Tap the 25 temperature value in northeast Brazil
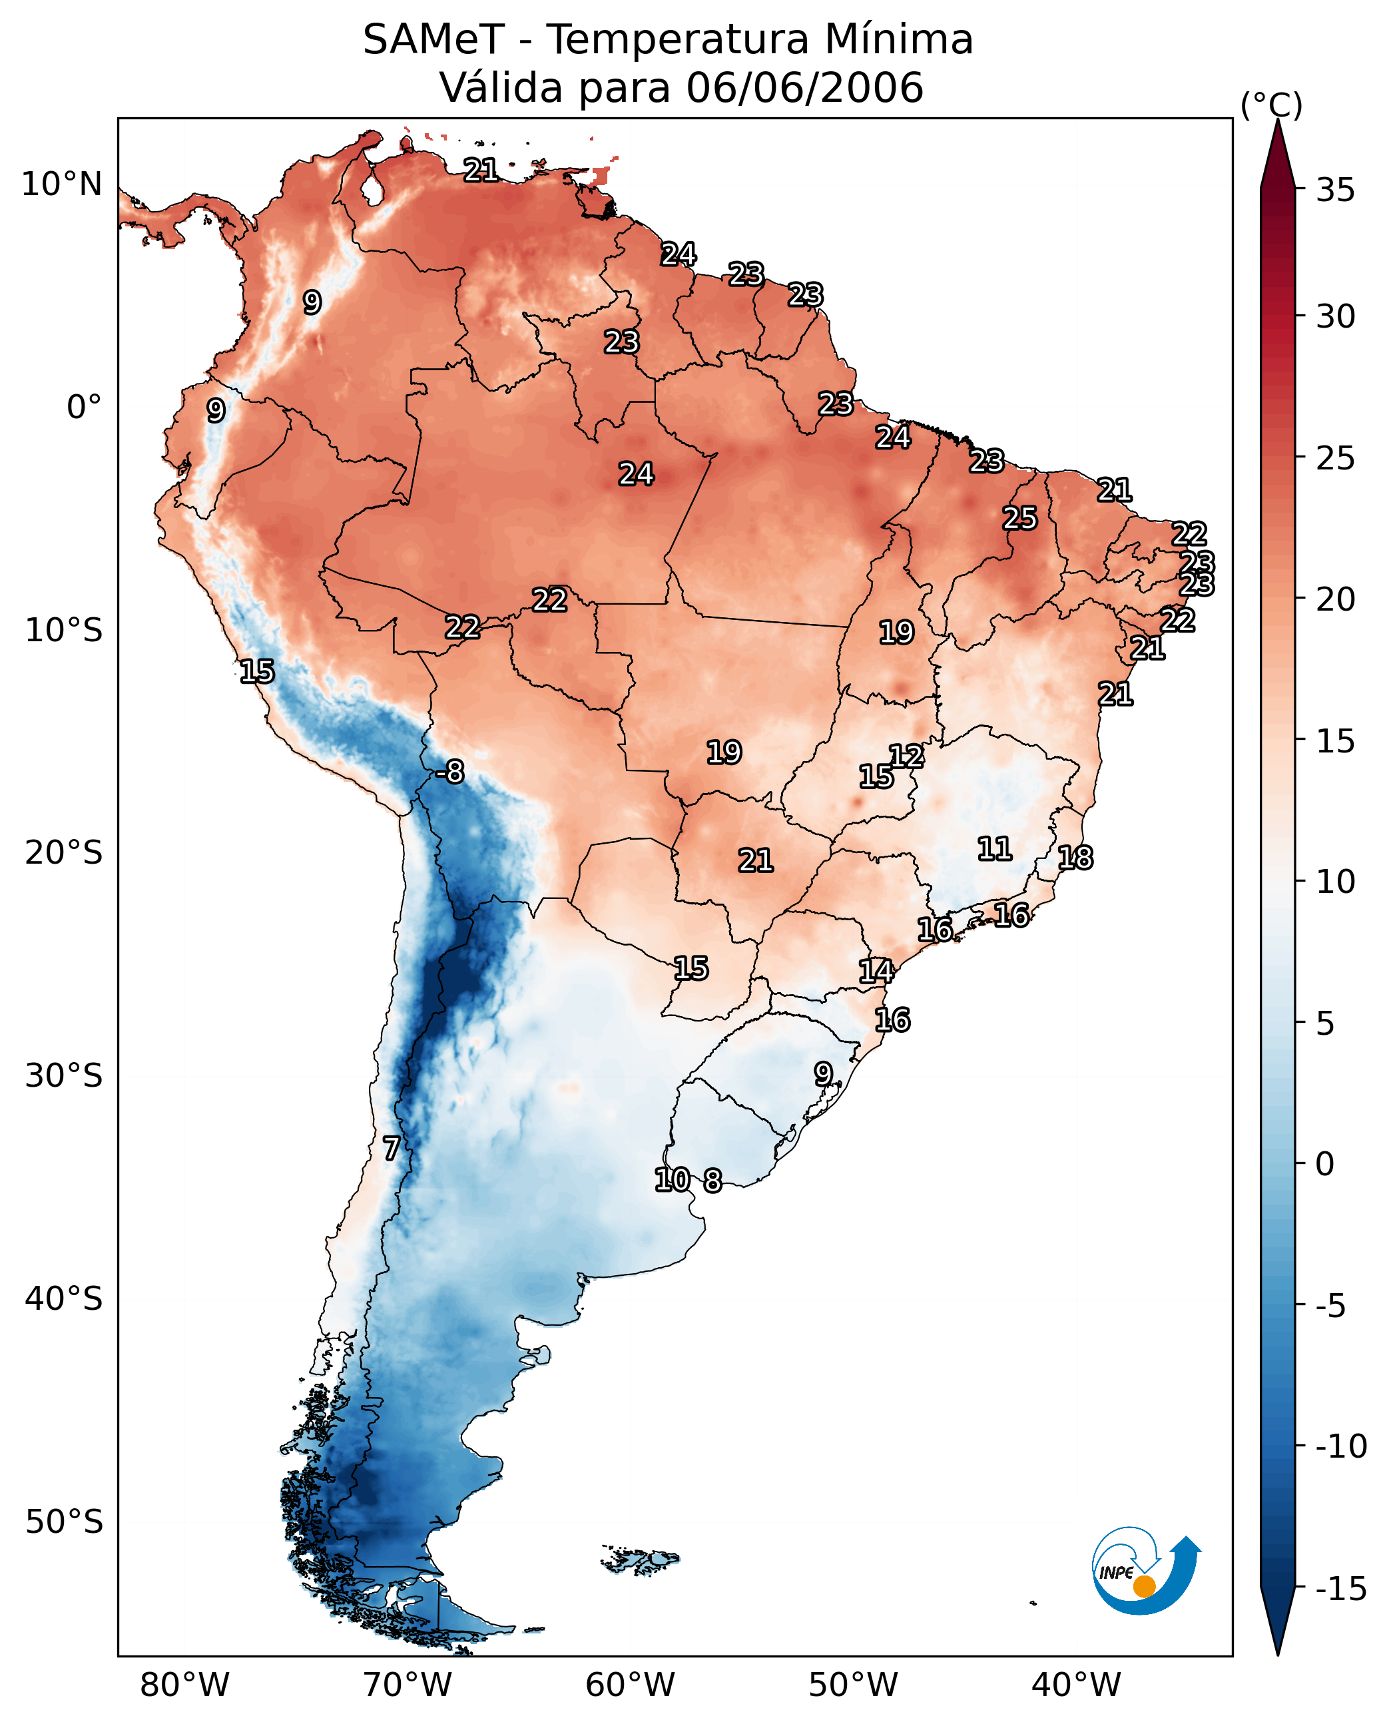(x=1020, y=519)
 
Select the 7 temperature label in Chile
(x=390, y=1148)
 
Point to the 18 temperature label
(x=1075, y=858)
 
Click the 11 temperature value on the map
(x=995, y=848)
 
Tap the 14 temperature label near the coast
(x=876, y=971)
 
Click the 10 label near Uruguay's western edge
(x=672, y=1179)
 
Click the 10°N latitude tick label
(x=62, y=185)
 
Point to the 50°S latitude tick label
(x=64, y=1521)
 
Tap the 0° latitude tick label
(x=84, y=408)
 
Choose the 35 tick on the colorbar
(x=1335, y=190)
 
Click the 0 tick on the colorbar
(x=1325, y=1164)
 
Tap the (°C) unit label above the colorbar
(x=1271, y=105)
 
